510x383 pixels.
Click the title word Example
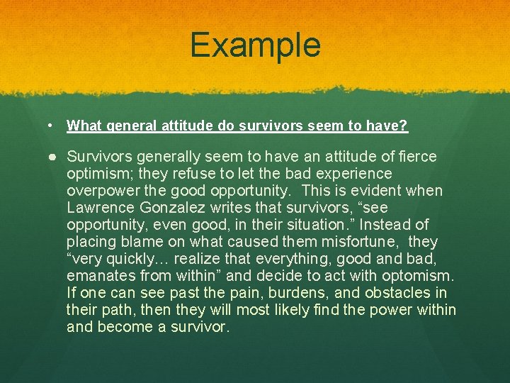[255, 45]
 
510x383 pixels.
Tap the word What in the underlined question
[84, 126]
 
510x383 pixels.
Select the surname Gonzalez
[168, 208]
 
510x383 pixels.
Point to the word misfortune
[369, 242]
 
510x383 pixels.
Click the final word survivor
[200, 327]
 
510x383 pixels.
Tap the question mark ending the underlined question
[404, 126]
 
